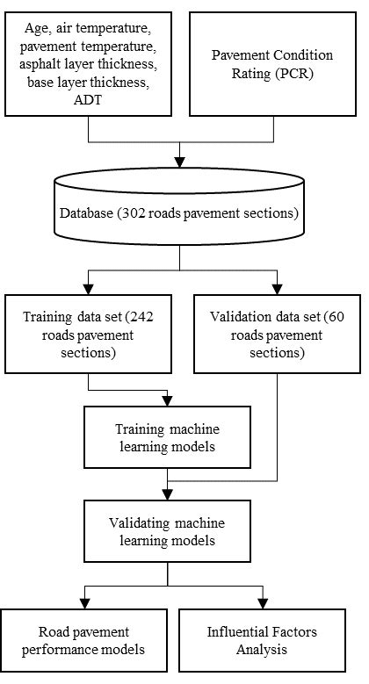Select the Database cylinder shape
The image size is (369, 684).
(180, 213)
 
